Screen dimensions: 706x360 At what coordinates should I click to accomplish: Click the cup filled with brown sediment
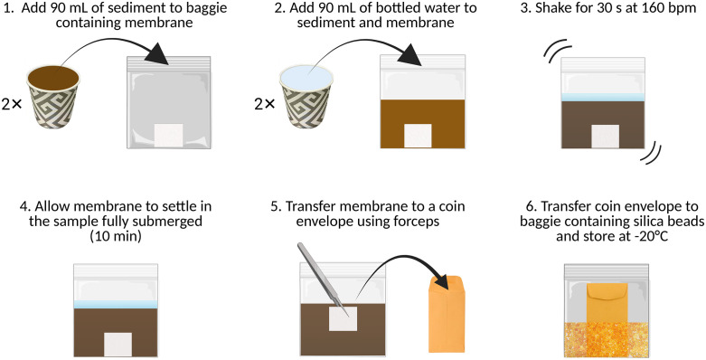(x=53, y=98)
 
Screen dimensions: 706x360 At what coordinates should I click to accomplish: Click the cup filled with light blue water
(x=306, y=98)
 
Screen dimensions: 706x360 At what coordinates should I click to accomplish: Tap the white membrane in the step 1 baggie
(x=168, y=136)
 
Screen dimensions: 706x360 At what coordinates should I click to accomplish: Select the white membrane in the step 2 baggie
(x=418, y=136)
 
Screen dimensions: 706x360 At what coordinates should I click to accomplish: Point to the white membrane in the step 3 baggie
(x=604, y=137)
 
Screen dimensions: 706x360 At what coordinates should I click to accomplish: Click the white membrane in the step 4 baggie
(x=118, y=345)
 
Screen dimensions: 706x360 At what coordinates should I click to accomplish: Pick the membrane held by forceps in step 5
(x=344, y=318)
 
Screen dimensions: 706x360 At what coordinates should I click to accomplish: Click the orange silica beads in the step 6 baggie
(x=606, y=340)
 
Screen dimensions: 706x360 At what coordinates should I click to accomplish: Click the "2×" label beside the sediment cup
(x=11, y=105)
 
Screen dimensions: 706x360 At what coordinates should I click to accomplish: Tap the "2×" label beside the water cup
(x=264, y=105)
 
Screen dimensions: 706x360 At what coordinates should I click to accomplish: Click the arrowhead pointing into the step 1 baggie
(x=157, y=54)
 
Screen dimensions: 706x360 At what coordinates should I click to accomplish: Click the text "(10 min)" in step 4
(x=118, y=236)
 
